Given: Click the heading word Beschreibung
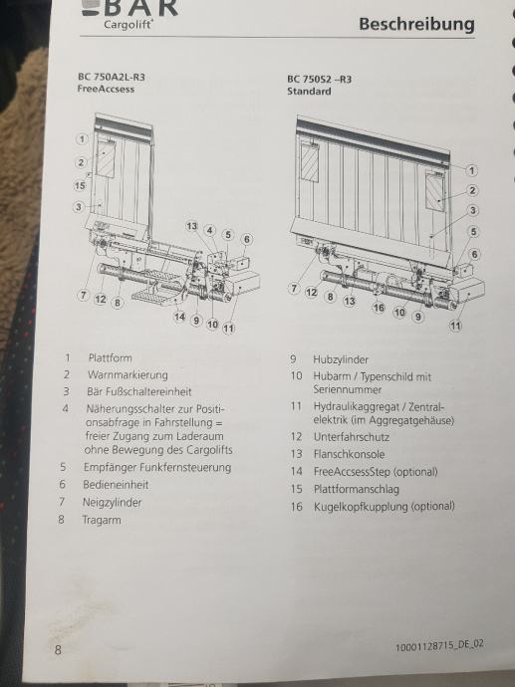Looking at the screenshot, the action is pyautogui.click(x=416, y=25).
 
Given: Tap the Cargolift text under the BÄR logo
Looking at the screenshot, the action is pyautogui.click(x=129, y=24).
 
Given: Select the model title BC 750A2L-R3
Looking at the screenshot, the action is pyautogui.click(x=112, y=77).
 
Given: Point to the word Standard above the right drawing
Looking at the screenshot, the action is pyautogui.click(x=309, y=92).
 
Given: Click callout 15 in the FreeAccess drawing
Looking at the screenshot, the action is pyautogui.click(x=80, y=186).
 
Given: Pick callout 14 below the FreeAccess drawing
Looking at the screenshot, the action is pyautogui.click(x=179, y=317).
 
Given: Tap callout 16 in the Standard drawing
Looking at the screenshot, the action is pyautogui.click(x=379, y=308).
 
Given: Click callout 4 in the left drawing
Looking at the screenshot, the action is pyautogui.click(x=210, y=230).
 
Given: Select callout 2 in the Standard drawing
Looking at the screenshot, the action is pyautogui.click(x=472, y=190).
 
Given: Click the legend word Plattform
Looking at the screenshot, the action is pyautogui.click(x=110, y=358).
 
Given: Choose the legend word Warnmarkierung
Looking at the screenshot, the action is pyautogui.click(x=128, y=375).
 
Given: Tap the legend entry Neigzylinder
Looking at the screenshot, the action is pyautogui.click(x=113, y=502).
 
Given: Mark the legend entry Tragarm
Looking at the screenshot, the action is pyautogui.click(x=102, y=520).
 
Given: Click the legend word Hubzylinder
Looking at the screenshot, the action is pyautogui.click(x=341, y=359).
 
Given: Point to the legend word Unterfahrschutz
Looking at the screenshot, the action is pyautogui.click(x=352, y=437).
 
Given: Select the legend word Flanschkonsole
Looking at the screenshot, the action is pyautogui.click(x=349, y=454).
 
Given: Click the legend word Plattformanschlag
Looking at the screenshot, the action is pyautogui.click(x=357, y=489).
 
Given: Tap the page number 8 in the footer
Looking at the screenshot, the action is pyautogui.click(x=58, y=650).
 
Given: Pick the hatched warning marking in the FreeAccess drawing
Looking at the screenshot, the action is pyautogui.click(x=106, y=156).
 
